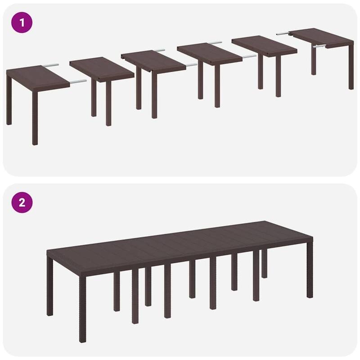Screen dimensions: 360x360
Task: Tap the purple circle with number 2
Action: (22, 202)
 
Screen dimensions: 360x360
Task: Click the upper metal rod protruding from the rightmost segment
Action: (283, 33)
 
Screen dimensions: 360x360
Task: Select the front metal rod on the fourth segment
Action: (248, 57)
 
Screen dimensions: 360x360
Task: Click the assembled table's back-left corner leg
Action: (49, 288)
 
